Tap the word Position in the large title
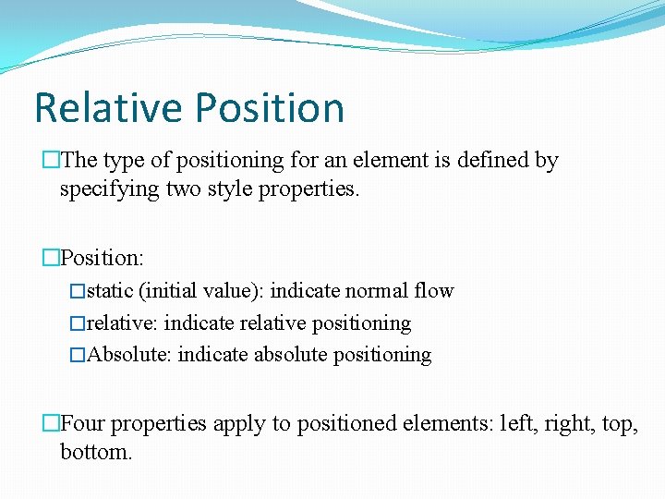271,107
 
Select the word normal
378,291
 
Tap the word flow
435,291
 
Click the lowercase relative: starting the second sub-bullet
122,323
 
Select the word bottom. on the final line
96,453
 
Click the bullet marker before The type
51,161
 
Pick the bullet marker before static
78,292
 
